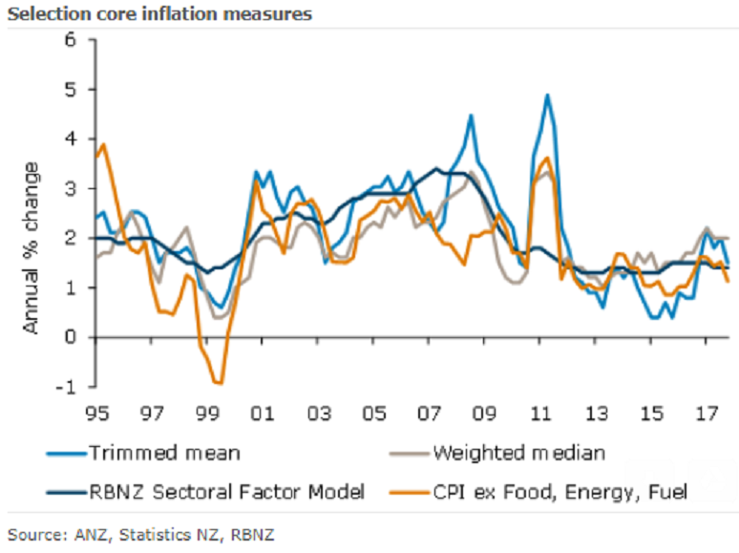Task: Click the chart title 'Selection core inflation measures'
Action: point(158,14)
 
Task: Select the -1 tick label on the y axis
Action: point(66,387)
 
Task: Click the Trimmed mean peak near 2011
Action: point(547,95)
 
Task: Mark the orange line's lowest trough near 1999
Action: point(221,384)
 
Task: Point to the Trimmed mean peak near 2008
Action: point(471,116)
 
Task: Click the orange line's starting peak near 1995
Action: point(103,144)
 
